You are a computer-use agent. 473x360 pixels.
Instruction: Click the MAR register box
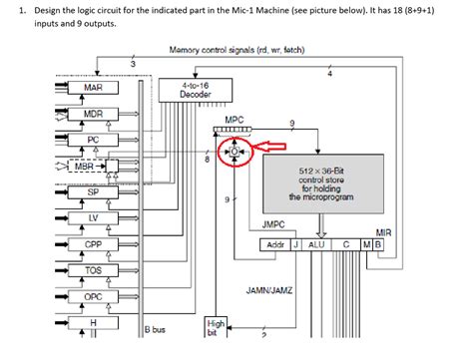(93, 89)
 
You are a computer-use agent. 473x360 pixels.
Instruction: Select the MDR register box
(93, 115)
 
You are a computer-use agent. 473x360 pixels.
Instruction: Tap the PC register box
(93, 141)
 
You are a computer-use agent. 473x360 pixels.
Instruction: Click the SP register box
(93, 192)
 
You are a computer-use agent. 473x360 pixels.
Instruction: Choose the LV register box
(93, 218)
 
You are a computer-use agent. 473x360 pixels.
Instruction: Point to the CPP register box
(93, 244)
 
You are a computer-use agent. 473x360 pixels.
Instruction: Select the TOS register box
(93, 270)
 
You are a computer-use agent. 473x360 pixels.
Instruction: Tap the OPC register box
(93, 296)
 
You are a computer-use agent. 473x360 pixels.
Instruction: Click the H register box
(93, 322)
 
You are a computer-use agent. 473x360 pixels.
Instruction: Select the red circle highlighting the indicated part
(235, 152)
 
